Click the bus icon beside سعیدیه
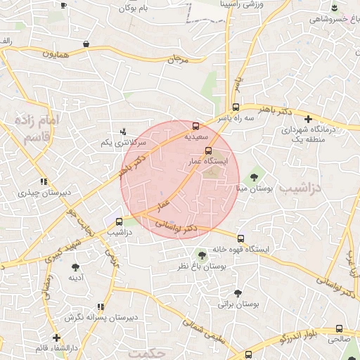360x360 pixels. [195, 127]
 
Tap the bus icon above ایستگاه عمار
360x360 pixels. [207, 150]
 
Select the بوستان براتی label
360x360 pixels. [239, 304]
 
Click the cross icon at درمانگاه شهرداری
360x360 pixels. [307, 118]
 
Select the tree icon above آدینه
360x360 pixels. [75, 266]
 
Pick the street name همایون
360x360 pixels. [58, 53]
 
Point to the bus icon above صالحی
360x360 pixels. [340, 328]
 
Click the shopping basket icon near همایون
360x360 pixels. [86, 44]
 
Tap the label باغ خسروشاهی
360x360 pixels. [335, 18]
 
